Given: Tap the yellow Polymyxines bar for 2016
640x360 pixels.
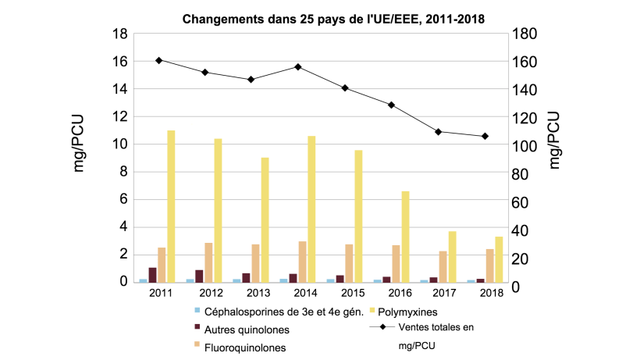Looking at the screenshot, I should [405, 236].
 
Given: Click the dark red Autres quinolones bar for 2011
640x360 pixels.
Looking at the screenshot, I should [152, 274].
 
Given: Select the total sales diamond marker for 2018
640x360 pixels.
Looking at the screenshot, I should [485, 136].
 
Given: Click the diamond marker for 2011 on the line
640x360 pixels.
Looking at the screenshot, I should [158, 60].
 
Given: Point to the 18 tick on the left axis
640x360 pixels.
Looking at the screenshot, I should [120, 34].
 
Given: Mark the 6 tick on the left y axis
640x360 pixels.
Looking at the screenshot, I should [124, 200].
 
